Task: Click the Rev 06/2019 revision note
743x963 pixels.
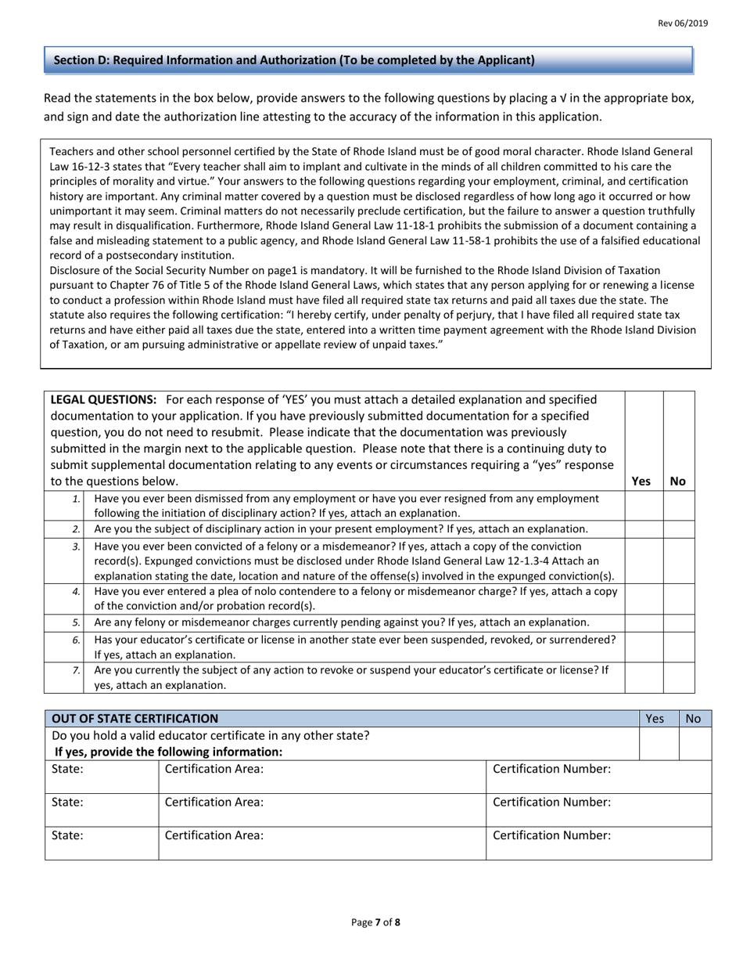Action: [683, 23]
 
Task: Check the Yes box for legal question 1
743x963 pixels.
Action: [644, 506]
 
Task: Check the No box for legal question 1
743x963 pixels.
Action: [678, 506]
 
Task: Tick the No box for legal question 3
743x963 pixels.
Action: [678, 561]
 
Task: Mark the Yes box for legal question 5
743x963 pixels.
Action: [644, 622]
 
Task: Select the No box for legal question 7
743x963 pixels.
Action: [678, 677]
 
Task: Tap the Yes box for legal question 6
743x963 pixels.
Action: [644, 647]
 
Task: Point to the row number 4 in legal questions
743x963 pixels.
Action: [76, 592]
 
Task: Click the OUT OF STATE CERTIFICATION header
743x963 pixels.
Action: [135, 718]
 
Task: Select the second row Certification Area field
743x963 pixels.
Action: [321, 810]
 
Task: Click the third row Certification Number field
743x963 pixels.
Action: [598, 842]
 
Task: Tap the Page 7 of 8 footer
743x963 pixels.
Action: [375, 922]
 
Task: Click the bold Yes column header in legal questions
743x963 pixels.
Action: [641, 481]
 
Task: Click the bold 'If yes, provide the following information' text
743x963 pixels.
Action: [168, 752]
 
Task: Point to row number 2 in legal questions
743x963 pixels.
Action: [76, 530]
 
